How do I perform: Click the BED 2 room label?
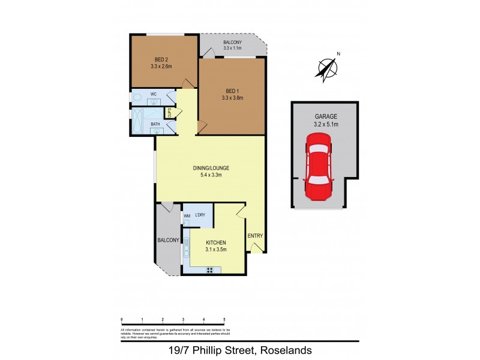pyautogui.click(x=160, y=59)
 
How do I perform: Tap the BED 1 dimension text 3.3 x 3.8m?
pyautogui.click(x=232, y=98)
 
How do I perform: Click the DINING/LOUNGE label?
pyautogui.click(x=211, y=168)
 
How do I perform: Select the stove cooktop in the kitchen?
pyautogui.click(x=211, y=270)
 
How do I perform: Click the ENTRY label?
pyautogui.click(x=255, y=236)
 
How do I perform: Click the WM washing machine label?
pyautogui.click(x=187, y=216)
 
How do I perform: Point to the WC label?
pyautogui.click(x=154, y=94)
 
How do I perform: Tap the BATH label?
pyautogui.click(x=155, y=124)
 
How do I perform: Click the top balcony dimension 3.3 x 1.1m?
pyautogui.click(x=232, y=49)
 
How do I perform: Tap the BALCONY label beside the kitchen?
pyautogui.click(x=168, y=240)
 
